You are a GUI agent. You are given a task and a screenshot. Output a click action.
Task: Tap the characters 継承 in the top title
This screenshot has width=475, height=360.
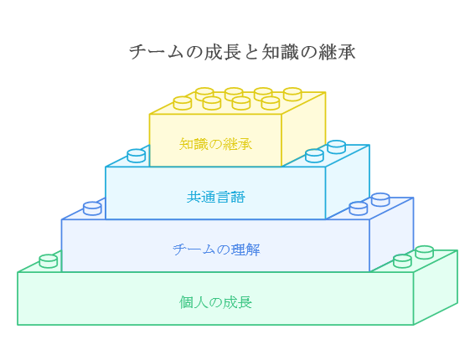click(x=337, y=52)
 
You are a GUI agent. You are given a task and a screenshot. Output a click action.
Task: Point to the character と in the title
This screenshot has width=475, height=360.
click(x=250, y=52)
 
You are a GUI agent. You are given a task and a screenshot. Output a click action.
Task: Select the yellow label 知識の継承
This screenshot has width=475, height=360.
click(x=215, y=144)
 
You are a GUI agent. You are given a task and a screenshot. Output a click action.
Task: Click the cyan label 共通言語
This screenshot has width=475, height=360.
click(x=215, y=197)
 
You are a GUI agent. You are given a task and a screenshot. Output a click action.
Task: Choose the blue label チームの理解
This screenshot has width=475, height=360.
click(x=216, y=249)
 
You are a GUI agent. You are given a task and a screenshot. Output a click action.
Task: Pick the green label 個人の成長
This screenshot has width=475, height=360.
click(x=215, y=302)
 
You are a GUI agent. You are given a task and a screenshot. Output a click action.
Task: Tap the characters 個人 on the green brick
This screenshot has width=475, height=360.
click(x=194, y=302)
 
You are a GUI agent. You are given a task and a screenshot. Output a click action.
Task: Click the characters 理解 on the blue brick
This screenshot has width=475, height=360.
click(x=245, y=249)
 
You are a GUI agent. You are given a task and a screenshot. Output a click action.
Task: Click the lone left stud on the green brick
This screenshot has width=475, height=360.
click(x=49, y=261)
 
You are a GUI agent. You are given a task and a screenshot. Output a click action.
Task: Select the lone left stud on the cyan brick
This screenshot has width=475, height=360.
click(x=137, y=156)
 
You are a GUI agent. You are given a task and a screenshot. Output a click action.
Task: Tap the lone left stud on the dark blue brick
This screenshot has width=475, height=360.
click(x=92, y=208)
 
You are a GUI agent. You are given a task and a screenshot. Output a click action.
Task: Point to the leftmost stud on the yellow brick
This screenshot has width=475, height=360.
click(x=183, y=103)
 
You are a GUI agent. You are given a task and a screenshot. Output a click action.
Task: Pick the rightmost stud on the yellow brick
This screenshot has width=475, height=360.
click(x=292, y=94)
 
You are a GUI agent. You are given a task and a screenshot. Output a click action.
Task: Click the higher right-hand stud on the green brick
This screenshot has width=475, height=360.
click(x=425, y=252)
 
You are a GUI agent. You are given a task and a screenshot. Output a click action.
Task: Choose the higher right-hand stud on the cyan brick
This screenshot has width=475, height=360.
click(x=337, y=147)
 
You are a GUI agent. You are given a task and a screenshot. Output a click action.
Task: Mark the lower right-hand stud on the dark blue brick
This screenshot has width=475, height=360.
click(x=359, y=208)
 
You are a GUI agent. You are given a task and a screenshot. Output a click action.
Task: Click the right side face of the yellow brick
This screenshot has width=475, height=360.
click(x=303, y=129)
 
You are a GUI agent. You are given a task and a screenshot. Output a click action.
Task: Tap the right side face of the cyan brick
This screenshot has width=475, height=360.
click(x=348, y=182)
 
